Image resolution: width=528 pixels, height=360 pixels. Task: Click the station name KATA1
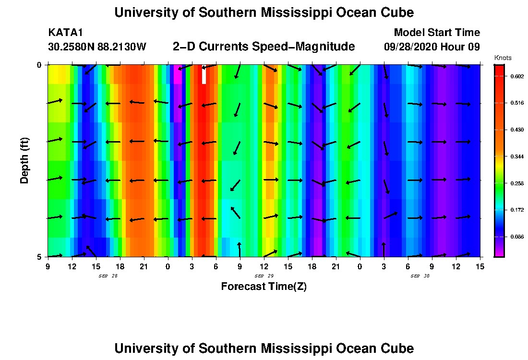click(65, 33)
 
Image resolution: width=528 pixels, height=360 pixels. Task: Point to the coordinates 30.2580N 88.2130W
click(97, 47)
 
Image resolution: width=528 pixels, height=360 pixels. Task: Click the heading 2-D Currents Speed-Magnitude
click(264, 47)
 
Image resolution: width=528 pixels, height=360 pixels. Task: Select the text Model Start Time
click(436, 33)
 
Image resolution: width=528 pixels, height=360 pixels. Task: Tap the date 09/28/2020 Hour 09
click(432, 47)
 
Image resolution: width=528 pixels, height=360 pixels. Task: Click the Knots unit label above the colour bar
click(502, 58)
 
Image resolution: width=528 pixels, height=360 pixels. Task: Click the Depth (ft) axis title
click(24, 160)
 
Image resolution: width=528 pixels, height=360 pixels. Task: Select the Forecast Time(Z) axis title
click(264, 287)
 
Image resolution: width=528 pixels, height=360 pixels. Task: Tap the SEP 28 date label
click(108, 276)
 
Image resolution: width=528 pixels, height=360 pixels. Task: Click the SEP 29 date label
click(264, 276)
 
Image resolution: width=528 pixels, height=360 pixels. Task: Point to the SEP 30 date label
click(420, 276)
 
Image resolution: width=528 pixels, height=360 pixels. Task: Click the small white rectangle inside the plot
click(204, 75)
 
